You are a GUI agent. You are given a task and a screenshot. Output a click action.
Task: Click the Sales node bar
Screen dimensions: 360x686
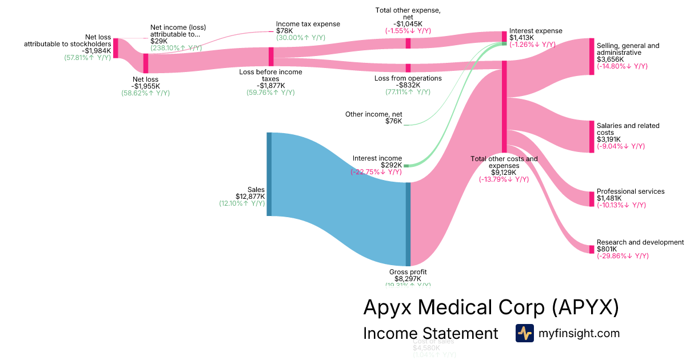point(269,174)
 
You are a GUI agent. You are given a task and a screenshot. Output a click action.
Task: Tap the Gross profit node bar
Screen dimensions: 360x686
point(408,224)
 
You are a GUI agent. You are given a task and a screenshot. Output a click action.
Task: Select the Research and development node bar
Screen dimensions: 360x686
point(592,249)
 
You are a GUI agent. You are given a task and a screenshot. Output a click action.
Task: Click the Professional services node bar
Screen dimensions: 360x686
point(592,199)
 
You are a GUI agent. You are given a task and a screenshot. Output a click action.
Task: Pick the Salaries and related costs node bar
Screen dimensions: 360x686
point(592,137)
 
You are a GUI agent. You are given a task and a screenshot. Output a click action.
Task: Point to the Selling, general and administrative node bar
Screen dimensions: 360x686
point(592,57)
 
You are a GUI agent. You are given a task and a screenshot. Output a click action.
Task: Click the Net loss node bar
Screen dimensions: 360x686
point(146,63)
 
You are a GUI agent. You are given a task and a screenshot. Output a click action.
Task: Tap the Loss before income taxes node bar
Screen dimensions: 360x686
point(271,57)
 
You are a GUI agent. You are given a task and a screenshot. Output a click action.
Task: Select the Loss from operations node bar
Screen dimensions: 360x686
point(408,68)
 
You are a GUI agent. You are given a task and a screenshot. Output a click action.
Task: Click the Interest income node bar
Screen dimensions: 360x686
point(406,166)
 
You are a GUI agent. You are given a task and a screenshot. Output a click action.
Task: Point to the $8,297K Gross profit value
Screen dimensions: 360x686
point(408,279)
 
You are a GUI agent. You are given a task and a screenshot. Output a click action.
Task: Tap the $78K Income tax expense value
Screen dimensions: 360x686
point(285,31)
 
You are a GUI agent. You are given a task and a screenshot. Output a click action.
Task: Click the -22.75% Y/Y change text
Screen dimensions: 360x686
point(376,171)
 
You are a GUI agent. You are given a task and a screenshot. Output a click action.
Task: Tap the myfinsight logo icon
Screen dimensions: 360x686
point(524,333)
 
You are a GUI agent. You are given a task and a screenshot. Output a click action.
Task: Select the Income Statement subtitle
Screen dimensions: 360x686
point(430,333)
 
